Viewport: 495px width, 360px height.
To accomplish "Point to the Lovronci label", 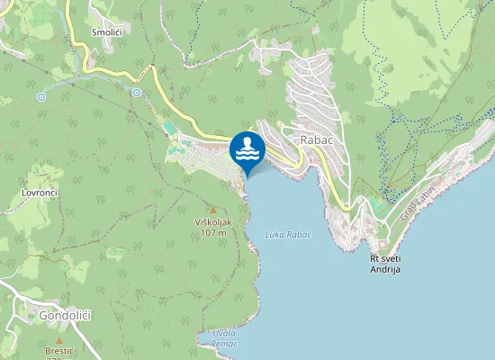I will (40, 193).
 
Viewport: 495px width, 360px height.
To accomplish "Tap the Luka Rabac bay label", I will (288, 235).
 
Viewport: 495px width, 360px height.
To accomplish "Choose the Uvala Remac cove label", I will (220, 337).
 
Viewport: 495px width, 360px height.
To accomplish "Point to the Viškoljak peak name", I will (213, 221).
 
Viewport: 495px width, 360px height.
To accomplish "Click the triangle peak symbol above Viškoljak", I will (213, 210).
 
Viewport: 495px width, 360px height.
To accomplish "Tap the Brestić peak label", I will (59, 351).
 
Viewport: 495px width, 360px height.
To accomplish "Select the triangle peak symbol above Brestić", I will (59, 341).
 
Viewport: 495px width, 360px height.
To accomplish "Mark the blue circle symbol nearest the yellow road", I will (137, 92).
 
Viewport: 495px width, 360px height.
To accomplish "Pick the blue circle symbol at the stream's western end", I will (41, 96).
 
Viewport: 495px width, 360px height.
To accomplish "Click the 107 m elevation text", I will (213, 232).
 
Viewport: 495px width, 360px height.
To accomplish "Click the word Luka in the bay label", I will (275, 235).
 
